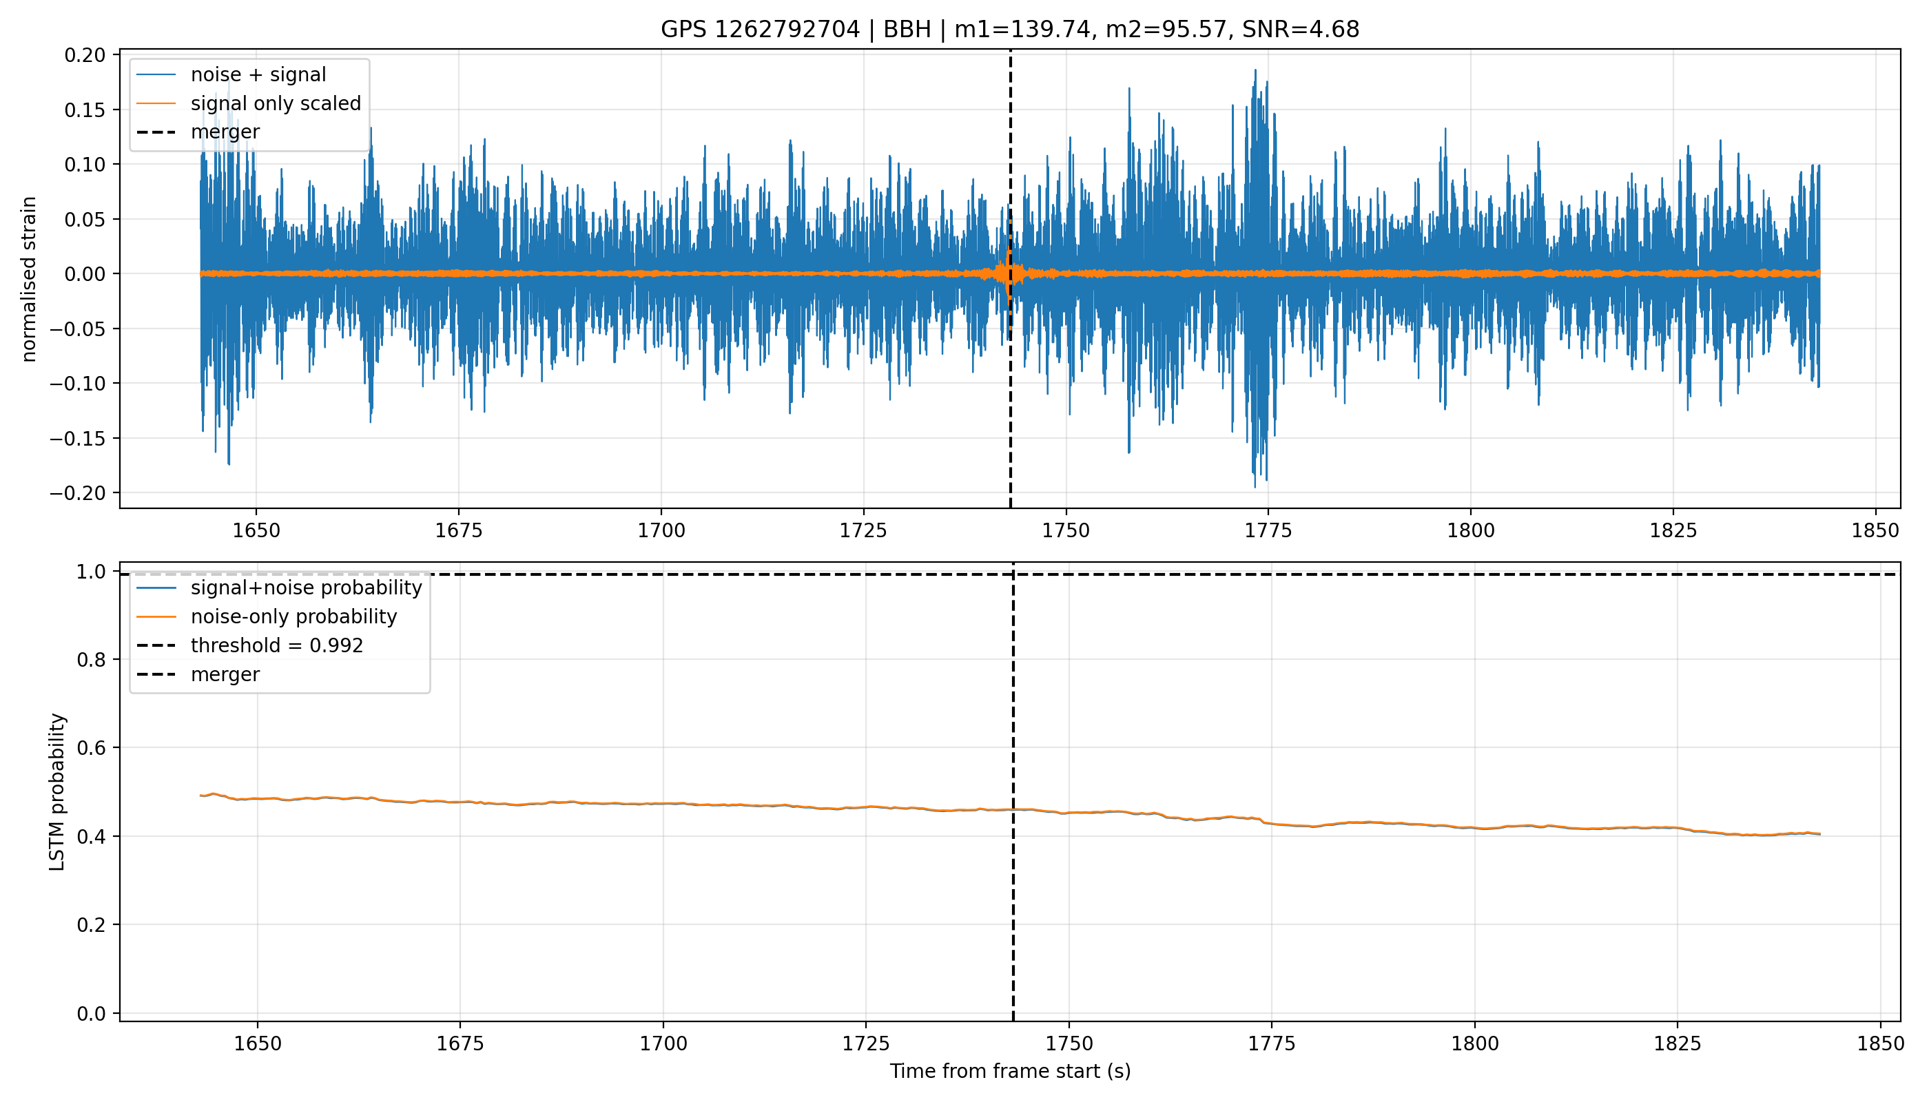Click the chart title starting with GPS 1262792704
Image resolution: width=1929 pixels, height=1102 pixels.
pos(1010,30)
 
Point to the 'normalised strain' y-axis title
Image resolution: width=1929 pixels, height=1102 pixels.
pos(29,279)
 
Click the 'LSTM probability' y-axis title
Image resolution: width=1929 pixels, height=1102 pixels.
pos(58,791)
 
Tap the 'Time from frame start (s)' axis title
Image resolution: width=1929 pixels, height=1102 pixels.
pos(1010,1072)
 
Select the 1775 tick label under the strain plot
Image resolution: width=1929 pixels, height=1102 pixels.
pos(1268,530)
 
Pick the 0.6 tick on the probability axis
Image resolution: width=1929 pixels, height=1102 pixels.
pos(91,748)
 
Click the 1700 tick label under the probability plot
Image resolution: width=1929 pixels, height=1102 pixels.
pos(663,1043)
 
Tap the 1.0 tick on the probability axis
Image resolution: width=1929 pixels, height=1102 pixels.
pos(91,572)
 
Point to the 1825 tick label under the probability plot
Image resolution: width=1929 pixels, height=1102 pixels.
pos(1678,1043)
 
